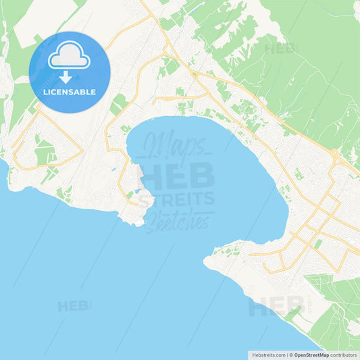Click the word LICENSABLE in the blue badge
pos(70,91)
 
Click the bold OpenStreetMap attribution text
pos(311,354)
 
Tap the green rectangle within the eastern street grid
pos(318,244)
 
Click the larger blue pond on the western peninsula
pos(138,191)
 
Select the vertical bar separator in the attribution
pos(286,354)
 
